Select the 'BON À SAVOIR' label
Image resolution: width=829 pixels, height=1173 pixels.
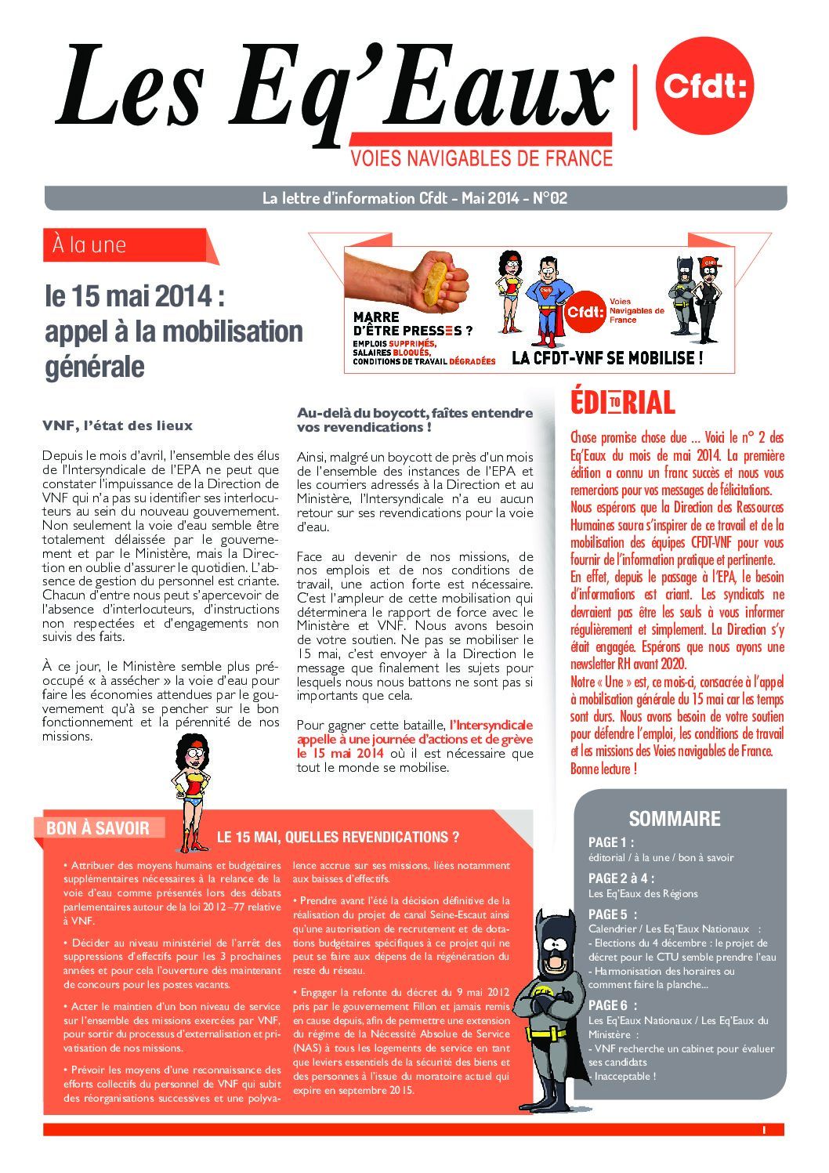98,828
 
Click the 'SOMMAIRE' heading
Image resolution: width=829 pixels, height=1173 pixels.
674,819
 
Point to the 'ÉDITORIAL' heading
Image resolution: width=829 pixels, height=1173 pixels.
622,402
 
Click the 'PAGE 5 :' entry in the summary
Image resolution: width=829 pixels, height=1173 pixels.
613,914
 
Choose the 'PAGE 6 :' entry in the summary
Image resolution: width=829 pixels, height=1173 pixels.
613,1005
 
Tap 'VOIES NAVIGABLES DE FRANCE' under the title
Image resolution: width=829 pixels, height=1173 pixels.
481,158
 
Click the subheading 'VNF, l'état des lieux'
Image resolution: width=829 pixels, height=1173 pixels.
117,425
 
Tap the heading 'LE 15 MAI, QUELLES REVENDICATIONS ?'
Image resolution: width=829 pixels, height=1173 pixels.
338,837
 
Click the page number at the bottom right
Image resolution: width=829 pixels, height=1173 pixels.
762,1130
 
